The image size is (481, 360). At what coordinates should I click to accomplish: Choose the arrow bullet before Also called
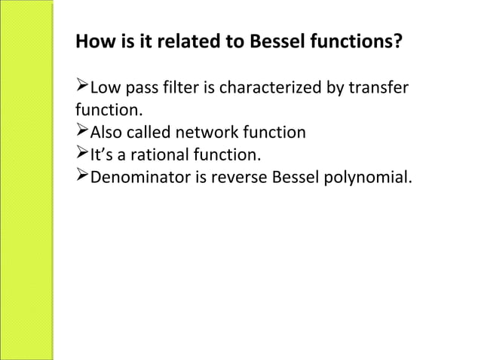coord(82,133)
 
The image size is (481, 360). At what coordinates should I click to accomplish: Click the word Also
coord(106,133)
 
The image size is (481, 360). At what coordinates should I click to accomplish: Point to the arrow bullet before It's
coord(82,155)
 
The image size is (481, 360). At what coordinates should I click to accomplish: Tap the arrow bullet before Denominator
coord(82,178)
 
